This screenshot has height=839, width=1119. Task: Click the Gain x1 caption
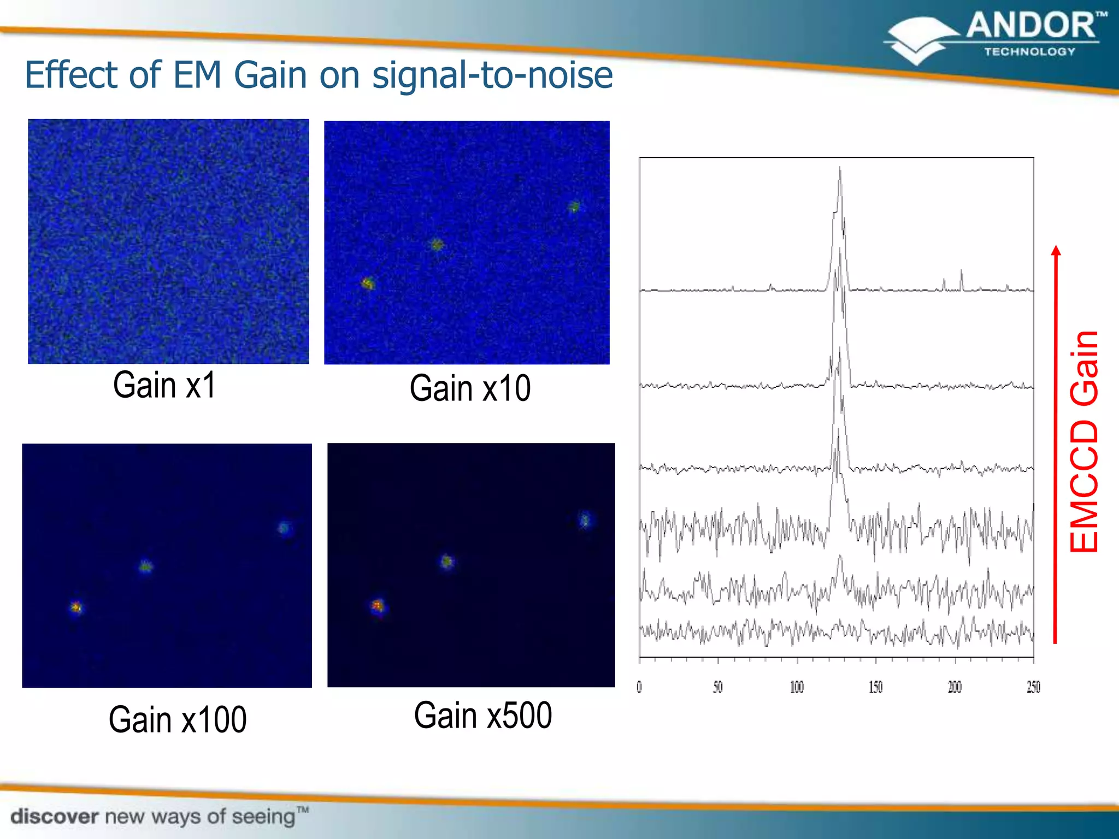pos(164,385)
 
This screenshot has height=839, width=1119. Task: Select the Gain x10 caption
pos(470,388)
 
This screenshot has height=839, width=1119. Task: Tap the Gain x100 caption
pos(178,719)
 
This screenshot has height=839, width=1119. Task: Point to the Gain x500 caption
pos(483,716)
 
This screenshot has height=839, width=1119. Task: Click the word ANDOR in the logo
pos(1030,26)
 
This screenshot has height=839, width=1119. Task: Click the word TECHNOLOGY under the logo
pos(1029,52)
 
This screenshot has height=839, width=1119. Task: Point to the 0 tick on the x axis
pos(639,687)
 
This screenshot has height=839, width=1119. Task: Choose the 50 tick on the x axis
pos(718,687)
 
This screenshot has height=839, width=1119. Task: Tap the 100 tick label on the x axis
pos(797,687)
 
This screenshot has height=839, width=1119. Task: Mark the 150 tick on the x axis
pos(875,687)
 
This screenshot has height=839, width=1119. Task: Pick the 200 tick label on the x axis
pos(955,687)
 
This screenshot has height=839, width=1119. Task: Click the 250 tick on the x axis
pos(1033,687)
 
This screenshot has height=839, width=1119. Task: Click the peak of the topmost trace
pos(840,168)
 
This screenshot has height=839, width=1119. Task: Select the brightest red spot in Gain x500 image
pos(377,605)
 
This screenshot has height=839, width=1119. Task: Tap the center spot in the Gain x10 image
pos(437,245)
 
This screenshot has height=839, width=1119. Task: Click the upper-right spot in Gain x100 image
pos(284,528)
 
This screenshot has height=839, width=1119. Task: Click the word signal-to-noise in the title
pos(492,75)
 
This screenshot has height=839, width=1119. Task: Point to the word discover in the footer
pos(55,817)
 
